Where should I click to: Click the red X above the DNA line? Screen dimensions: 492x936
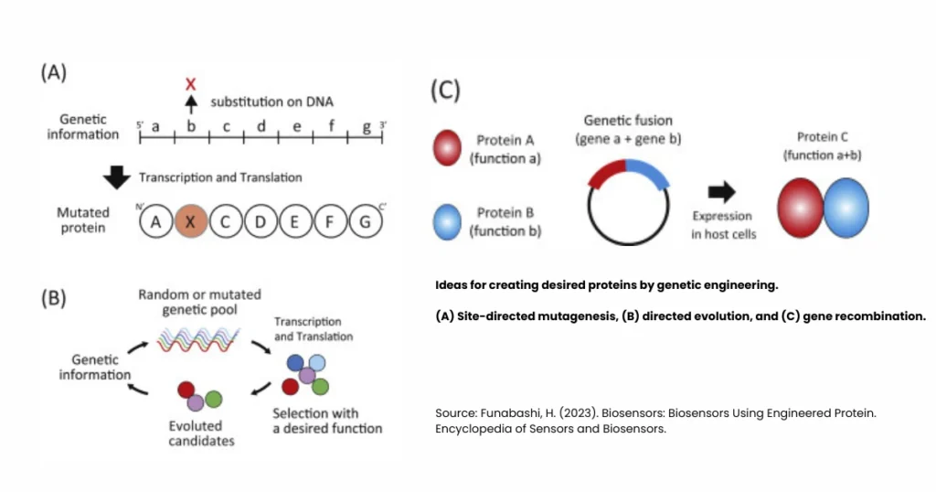(190, 84)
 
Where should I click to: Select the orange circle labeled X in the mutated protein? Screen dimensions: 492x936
(190, 222)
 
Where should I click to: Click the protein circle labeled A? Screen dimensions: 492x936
(155, 222)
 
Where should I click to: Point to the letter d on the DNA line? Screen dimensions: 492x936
(261, 126)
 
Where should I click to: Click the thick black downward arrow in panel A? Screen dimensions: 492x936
(117, 177)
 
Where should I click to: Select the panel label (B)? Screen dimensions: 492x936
(53, 299)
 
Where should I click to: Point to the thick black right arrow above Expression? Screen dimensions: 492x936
(721, 191)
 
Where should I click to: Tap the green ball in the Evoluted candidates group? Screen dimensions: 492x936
(214, 399)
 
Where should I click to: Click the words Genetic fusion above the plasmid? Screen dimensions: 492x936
(627, 121)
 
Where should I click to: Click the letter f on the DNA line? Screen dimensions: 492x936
(331, 126)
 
